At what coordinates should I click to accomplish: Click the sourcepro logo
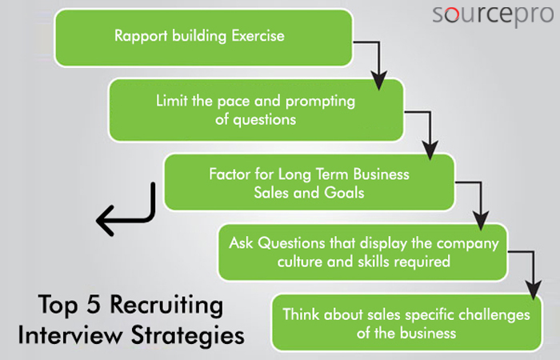pos(493,15)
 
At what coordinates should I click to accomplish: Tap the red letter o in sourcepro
pos(452,15)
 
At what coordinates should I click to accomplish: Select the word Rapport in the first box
pos(141,37)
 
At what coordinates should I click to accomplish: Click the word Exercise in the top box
pos(258,36)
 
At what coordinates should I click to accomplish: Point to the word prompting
pos(320,102)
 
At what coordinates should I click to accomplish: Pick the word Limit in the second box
pos(171,100)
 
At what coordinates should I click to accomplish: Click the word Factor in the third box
pos(230,174)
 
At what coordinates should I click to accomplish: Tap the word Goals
pos(344,193)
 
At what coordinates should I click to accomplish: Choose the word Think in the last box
pos(301,314)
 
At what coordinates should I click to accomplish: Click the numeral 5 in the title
pos(94,305)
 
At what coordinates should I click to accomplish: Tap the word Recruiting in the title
pos(166,306)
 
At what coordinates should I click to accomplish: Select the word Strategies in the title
pos(188,336)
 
